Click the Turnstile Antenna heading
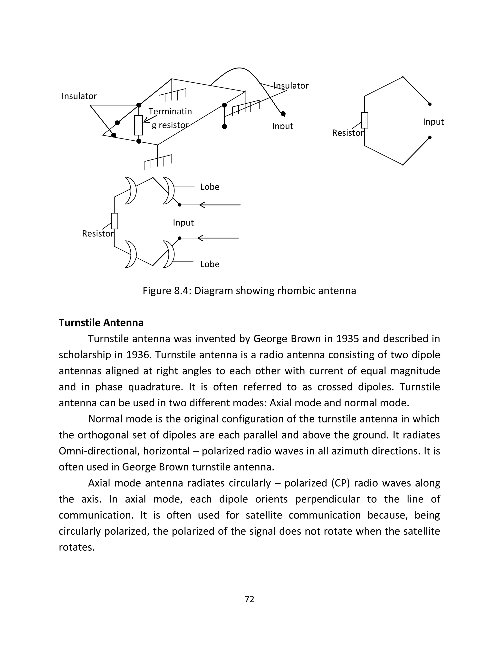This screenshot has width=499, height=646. [x=101, y=323]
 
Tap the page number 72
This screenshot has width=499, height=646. [x=249, y=599]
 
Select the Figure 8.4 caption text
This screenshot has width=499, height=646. [x=249, y=291]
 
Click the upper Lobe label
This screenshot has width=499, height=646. [x=210, y=187]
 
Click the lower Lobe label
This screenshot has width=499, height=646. [x=210, y=264]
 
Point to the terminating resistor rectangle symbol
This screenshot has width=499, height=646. [x=138, y=125]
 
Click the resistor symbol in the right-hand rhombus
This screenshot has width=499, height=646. [x=365, y=120]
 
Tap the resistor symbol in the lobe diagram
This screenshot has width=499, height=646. [x=115, y=221]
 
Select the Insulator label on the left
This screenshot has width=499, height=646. [x=79, y=96]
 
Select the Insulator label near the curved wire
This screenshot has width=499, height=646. [x=291, y=86]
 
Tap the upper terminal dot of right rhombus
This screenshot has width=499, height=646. [x=430, y=104]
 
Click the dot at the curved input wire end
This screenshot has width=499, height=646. [x=283, y=114]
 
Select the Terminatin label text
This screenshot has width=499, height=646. [x=170, y=111]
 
